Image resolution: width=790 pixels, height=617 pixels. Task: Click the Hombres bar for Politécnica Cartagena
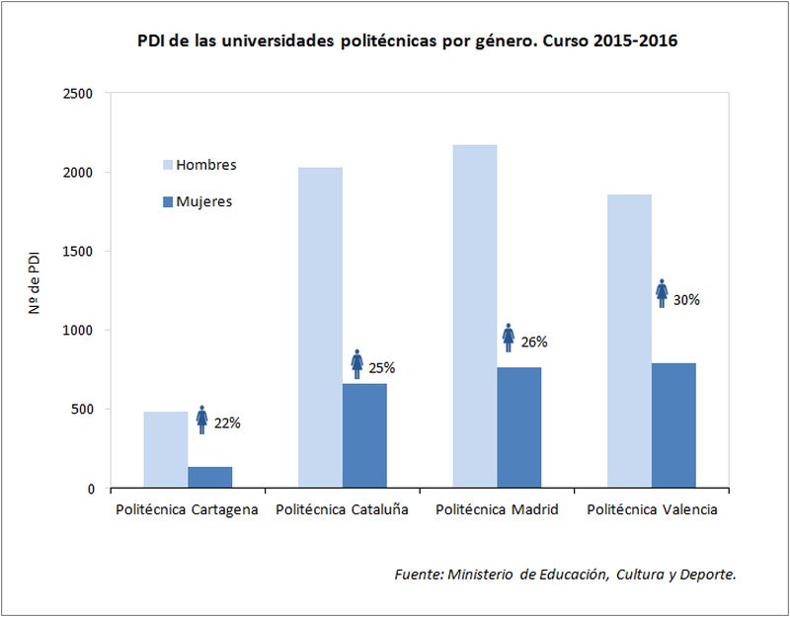pos(165,450)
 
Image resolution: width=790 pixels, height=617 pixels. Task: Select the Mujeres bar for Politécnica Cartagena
pos(209,478)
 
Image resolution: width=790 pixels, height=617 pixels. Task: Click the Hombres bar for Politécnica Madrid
pos(475,317)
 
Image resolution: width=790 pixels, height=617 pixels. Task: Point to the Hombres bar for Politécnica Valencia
pos(629,342)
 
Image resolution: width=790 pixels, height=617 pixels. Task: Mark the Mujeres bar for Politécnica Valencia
pos(673,425)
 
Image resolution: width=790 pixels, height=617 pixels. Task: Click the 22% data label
pos(227,424)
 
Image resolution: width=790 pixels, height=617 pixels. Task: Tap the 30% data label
pos(686,299)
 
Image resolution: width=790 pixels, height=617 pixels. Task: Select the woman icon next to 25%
pos(357,364)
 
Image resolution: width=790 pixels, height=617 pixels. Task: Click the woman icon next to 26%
pos(509,338)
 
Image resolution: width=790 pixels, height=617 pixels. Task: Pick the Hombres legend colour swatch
pos(167,165)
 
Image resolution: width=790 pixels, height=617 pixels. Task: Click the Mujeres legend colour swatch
pos(167,201)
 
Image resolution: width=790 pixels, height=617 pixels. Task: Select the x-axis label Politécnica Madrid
pos(497,510)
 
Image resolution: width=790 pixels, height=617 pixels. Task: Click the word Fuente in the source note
pos(418,575)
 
